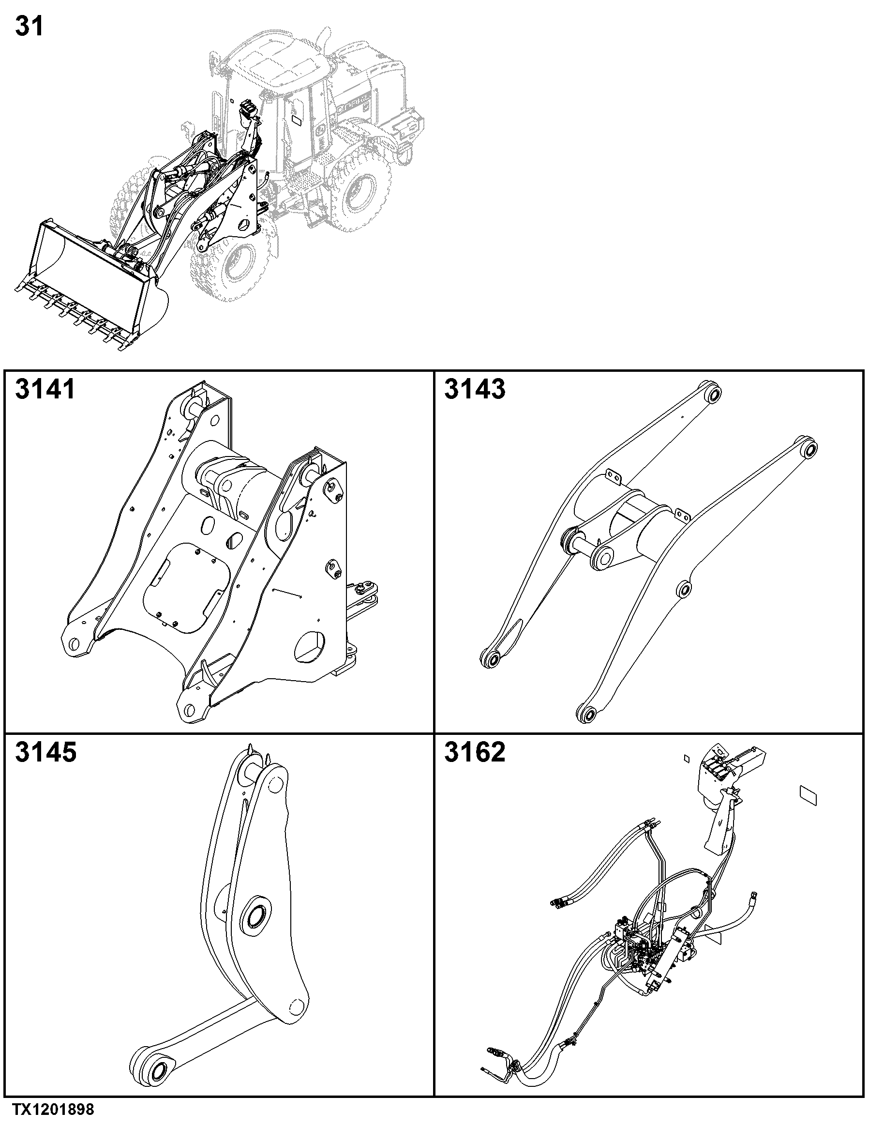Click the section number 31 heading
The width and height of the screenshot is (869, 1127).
[x=30, y=26]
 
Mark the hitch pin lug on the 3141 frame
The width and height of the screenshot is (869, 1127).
[x=366, y=591]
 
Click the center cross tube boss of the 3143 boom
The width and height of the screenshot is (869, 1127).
[x=603, y=555]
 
